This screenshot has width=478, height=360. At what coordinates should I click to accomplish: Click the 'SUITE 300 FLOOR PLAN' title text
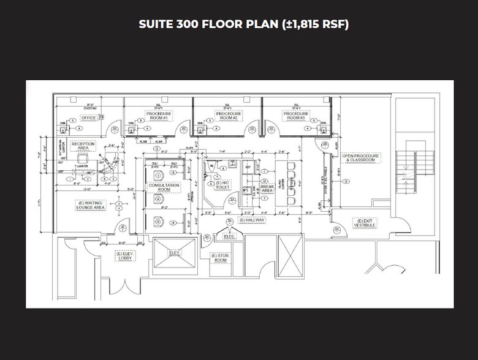(x=244, y=25)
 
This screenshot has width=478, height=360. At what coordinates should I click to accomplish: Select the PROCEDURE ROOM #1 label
(x=159, y=115)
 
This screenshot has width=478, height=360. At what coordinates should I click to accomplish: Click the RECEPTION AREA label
(x=83, y=146)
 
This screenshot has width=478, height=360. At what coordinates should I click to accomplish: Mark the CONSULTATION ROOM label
(x=164, y=187)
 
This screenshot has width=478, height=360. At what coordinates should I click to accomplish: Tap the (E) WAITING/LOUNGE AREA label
(x=91, y=204)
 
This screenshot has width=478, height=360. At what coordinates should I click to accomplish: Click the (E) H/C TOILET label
(x=221, y=186)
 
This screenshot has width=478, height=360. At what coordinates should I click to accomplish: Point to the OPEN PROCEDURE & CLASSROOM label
(x=361, y=158)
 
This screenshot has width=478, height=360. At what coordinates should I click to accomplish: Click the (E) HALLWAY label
(x=252, y=220)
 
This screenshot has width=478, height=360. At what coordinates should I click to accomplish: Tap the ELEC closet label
(x=229, y=236)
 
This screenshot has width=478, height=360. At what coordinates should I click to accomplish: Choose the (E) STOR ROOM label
(x=220, y=258)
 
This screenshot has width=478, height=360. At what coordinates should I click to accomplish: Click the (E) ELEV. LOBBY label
(x=125, y=255)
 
